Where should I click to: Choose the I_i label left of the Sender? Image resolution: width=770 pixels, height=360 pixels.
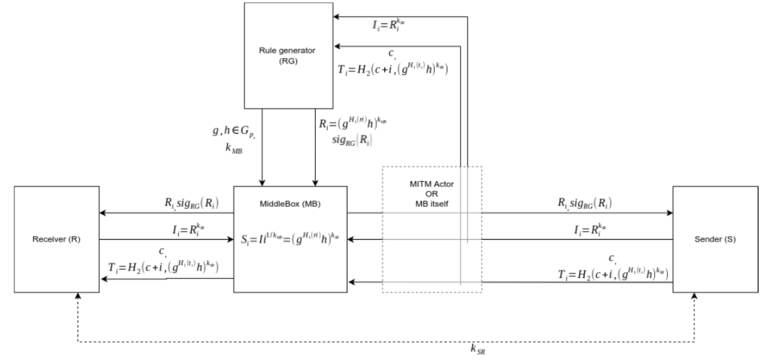(x=586, y=228)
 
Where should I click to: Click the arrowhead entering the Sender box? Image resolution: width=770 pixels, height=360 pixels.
(x=668, y=213)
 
